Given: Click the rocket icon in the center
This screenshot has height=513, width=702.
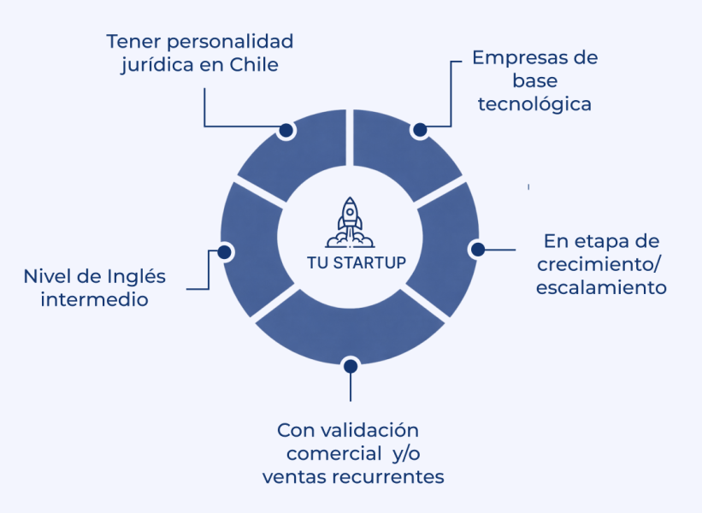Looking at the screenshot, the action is (350, 222).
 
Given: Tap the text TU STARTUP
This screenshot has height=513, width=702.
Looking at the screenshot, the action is (357, 262).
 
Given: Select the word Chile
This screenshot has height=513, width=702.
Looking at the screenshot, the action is (254, 64).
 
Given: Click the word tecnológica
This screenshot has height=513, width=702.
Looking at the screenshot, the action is (534, 105).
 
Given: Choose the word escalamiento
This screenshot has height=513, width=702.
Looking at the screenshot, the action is (601, 287).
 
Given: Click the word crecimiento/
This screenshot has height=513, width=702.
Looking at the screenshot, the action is (599, 264).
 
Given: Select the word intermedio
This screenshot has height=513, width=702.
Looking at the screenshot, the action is (94, 299).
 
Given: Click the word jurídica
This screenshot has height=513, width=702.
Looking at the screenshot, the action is (157, 65).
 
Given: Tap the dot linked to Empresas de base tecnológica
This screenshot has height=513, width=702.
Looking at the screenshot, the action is (420, 130).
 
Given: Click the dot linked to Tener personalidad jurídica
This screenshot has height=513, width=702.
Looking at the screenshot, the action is (286, 130).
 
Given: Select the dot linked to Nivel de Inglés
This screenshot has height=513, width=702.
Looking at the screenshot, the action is (224, 252).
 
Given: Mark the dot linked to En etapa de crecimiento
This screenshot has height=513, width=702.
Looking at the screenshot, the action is (478, 250).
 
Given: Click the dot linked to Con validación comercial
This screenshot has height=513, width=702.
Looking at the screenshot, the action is (351, 366).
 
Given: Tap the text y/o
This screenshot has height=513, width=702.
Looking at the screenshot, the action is (406, 454).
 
